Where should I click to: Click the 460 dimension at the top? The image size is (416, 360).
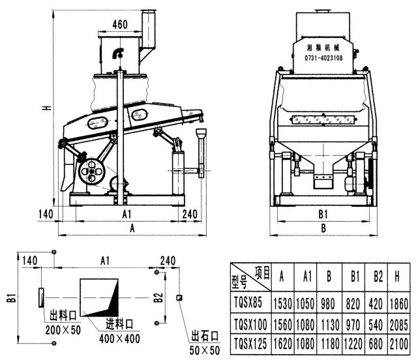click(x=119, y=25)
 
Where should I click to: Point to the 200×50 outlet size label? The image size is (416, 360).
click(x=64, y=331)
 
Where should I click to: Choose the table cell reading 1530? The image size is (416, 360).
click(x=281, y=302)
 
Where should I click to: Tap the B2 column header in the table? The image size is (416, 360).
click(x=374, y=277)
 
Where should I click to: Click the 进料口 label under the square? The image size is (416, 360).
click(x=120, y=323)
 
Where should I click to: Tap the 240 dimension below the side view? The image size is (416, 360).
click(x=190, y=213)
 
